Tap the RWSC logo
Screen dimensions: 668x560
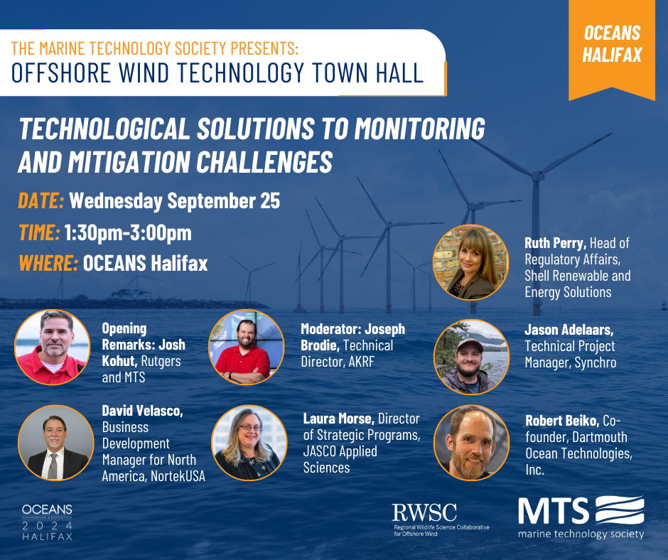441,519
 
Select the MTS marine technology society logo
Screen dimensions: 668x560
581,517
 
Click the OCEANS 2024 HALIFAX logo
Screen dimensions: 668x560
48,522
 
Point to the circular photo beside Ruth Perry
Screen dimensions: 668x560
470,262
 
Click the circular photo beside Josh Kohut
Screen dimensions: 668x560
53,347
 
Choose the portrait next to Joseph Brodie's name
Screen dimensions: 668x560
247,347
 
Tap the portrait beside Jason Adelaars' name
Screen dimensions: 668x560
471,357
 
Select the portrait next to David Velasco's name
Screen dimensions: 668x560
56,443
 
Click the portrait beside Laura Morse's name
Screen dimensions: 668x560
249,443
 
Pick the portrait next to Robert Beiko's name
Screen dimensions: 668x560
471,443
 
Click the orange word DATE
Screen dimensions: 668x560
41,200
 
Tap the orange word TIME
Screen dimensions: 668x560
39,232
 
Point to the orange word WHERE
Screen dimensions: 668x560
48,263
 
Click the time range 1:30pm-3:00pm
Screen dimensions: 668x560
128,233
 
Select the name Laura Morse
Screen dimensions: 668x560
339,419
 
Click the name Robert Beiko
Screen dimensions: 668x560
562,421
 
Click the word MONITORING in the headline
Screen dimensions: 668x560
420,129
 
